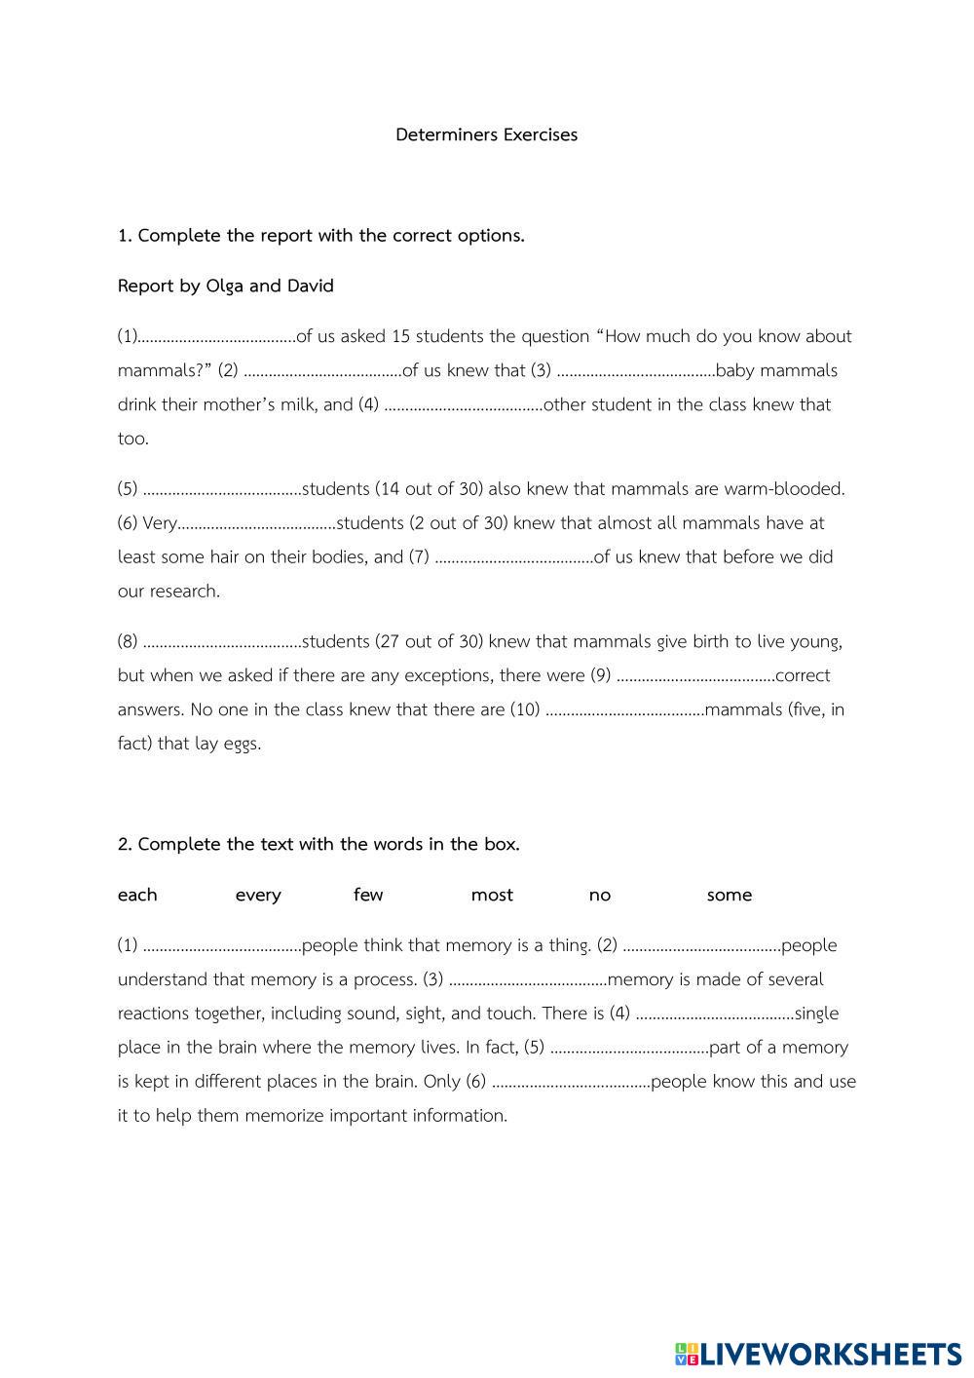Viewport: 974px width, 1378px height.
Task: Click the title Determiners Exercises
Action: tap(486, 134)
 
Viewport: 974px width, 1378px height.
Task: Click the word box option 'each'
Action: tap(137, 895)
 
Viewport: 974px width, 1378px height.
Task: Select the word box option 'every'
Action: tap(258, 895)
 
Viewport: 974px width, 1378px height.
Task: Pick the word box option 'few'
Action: tap(368, 895)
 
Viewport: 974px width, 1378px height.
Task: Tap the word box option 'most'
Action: tap(492, 895)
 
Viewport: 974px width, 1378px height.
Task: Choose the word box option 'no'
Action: tap(600, 895)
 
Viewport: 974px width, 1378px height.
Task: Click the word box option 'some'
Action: tap(730, 895)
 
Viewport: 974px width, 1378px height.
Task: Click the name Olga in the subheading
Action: tap(225, 286)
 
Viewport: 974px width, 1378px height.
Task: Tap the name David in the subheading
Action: tap(310, 286)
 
